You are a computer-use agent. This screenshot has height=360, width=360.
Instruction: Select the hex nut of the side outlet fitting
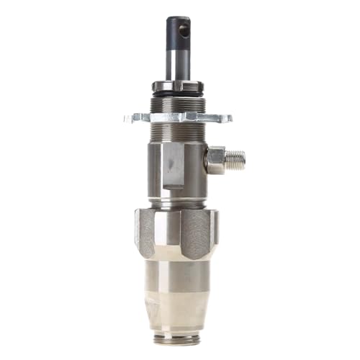coord(215,158)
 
